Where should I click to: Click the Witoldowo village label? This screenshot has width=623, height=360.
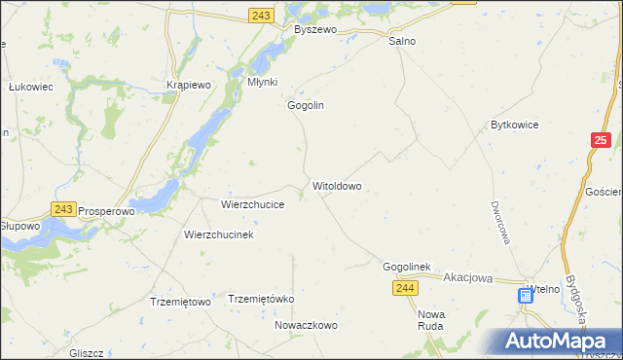click(337, 185)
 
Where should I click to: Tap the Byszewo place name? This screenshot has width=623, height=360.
click(315, 30)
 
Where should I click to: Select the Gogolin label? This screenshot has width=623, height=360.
click(305, 105)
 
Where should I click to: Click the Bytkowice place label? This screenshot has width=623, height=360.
click(515, 126)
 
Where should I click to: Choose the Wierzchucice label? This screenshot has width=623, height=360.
click(252, 205)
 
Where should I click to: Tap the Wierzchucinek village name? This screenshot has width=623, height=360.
click(219, 235)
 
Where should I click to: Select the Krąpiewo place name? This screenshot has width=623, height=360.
click(189, 85)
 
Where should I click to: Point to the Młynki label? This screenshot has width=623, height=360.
click(263, 83)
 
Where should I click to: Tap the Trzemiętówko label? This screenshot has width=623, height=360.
click(260, 299)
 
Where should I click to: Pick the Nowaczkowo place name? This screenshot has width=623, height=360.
click(306, 325)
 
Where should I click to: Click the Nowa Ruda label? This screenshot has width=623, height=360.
click(430, 320)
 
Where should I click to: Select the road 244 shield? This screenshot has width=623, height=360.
click(406, 288)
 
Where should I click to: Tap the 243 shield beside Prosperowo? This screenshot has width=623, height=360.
click(63, 209)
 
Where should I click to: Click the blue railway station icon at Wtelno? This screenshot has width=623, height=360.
click(525, 295)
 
